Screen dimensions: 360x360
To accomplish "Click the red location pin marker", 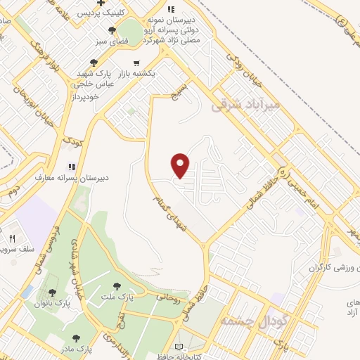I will coord(181,165).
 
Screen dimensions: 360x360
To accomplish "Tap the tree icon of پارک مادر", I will coord(75,338).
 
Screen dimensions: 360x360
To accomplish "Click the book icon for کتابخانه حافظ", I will coord(179,347).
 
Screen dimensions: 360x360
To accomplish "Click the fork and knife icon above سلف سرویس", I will coord(12,239).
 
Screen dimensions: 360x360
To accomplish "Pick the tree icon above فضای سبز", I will coord(112,30).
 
